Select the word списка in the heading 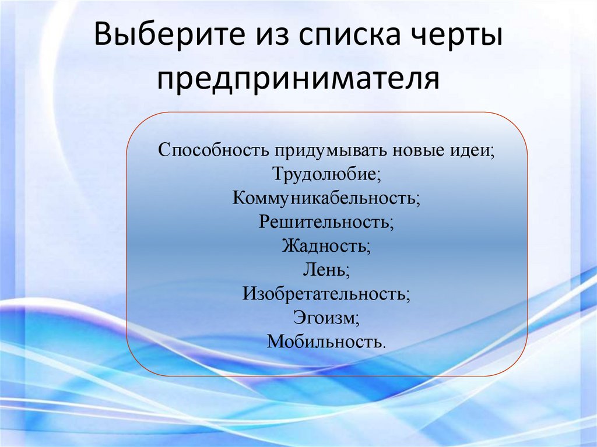(x=342, y=37)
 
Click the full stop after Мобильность (x=384, y=345)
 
